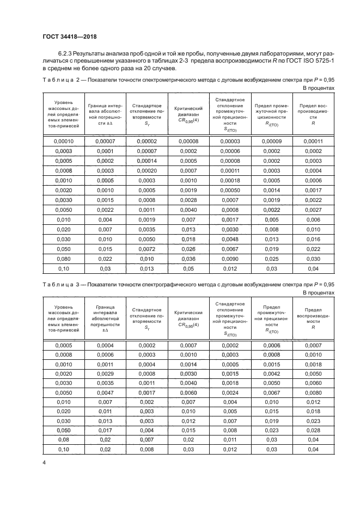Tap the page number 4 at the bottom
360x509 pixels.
[44, 462]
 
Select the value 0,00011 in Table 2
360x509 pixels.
[313, 141]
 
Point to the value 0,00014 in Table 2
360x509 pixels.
[147, 161]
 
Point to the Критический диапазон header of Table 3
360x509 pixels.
[188, 317]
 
